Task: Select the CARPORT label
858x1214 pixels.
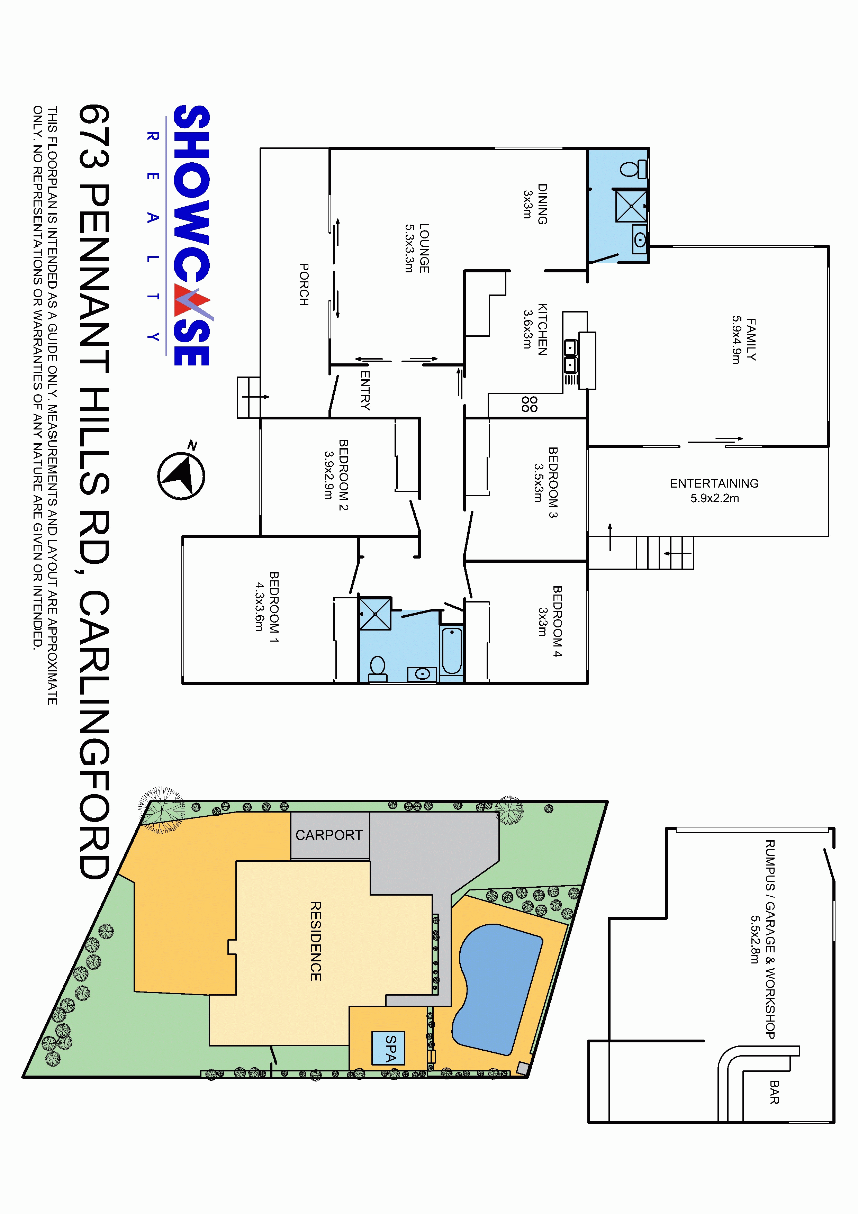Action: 329,835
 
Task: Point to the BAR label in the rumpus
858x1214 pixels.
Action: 774,1093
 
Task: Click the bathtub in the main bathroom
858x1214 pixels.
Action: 452,651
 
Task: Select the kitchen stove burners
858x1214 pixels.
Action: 530,404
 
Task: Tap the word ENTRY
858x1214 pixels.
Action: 365,390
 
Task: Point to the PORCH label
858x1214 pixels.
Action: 304,284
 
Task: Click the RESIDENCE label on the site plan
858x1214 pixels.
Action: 316,941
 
